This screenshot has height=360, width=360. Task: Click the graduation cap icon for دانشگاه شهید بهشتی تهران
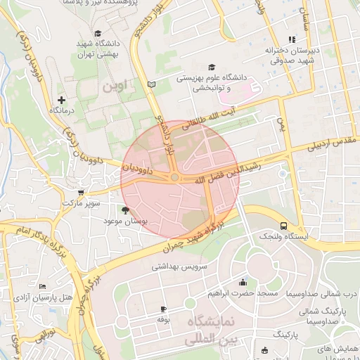[98, 33]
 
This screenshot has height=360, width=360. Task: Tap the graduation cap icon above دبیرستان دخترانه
[292, 40]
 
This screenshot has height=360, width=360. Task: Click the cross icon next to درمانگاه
[61, 100]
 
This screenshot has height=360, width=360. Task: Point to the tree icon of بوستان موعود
[125, 210]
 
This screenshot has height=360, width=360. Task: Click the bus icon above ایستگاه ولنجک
[283, 226]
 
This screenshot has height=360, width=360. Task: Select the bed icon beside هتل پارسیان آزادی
[43, 287]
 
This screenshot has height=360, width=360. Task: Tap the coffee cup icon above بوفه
[163, 309]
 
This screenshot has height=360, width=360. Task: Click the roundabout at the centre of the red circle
[174, 178]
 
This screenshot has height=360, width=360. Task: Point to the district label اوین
[116, 88]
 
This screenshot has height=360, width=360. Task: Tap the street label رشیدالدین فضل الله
[230, 171]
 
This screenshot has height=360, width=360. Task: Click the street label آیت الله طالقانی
[212, 117]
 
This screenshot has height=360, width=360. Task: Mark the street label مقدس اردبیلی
[331, 143]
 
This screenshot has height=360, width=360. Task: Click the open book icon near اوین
[151, 84]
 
